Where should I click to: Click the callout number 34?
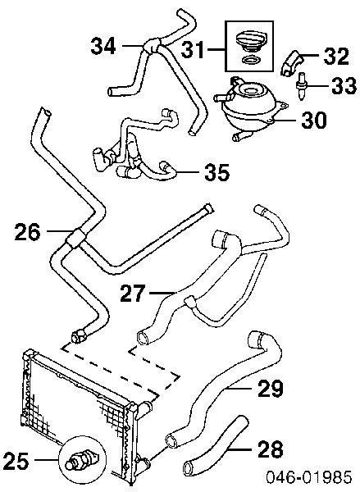103,46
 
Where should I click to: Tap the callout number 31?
193,49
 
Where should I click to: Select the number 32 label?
336,56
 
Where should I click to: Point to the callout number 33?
344,85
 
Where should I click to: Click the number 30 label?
314,120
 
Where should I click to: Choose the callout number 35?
216,172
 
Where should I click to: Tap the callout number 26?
27,231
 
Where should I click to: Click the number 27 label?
133,293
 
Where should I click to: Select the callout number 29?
271,389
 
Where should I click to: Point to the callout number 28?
271,449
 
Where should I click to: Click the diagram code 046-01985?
309,477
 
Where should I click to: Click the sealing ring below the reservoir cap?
250,60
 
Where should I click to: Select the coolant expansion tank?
250,107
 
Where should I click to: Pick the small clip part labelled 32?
291,63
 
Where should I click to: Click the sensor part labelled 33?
302,86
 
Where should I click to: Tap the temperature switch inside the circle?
82,459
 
